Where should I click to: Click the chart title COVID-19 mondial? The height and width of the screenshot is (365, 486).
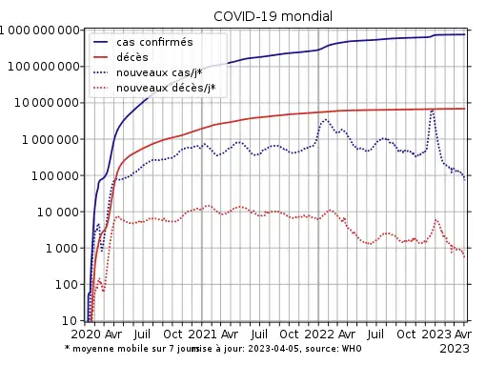click(273, 16)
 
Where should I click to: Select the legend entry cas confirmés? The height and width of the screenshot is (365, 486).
click(154, 42)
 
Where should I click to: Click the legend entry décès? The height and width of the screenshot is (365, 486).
click(132, 57)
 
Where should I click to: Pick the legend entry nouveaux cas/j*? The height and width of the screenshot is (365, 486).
click(159, 72)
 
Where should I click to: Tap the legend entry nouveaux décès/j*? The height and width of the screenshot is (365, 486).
click(166, 88)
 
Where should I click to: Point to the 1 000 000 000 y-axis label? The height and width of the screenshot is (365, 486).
click(39, 30)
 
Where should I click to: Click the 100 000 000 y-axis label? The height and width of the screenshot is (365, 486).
click(44, 67)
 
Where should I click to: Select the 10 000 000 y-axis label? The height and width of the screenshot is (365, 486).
click(47, 103)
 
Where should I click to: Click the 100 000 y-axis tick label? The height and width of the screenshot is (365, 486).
click(55, 175)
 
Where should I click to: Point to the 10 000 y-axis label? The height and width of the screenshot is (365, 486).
click(58, 212)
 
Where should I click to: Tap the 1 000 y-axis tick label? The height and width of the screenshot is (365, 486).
click(62, 248)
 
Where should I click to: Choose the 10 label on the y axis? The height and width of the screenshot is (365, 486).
click(70, 321)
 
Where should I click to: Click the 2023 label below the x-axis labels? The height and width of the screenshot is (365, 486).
click(455, 349)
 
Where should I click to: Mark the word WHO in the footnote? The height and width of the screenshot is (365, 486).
click(352, 349)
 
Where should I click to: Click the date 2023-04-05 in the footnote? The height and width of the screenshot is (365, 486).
click(274, 349)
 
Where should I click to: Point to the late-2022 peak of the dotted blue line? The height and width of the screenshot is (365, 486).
click(433, 111)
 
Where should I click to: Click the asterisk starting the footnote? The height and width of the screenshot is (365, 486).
click(67, 347)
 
